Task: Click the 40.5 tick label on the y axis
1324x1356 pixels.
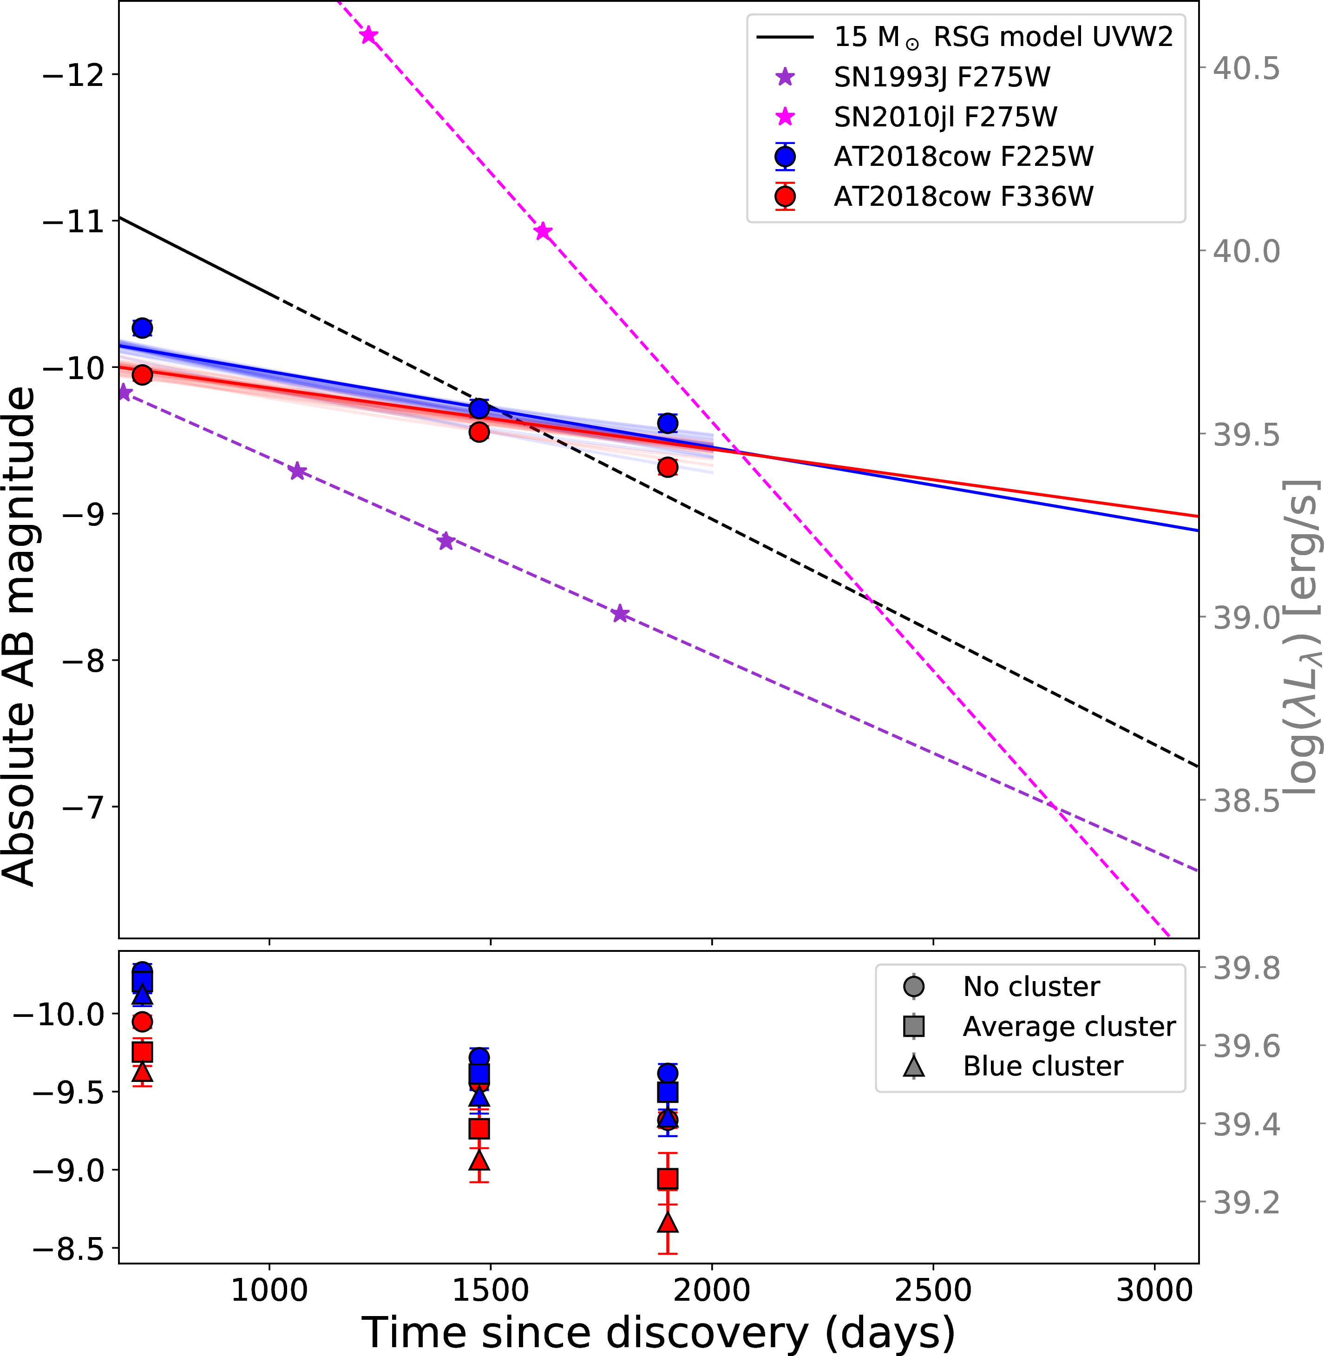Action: coord(1246,69)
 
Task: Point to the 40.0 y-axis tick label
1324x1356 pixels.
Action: coord(1246,252)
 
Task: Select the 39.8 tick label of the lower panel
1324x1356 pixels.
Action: coord(1246,969)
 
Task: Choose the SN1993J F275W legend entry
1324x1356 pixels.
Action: coord(942,77)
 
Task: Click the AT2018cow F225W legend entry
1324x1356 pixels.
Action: coord(963,157)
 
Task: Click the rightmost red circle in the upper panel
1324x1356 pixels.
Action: coord(668,466)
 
